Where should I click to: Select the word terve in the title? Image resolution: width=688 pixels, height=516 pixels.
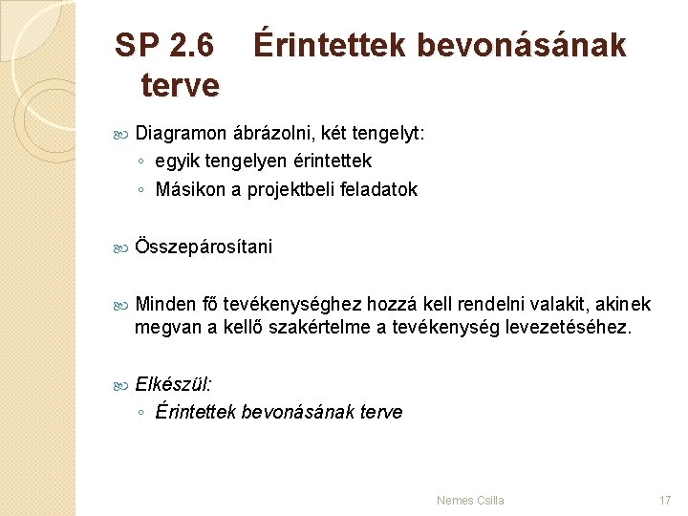point(180,85)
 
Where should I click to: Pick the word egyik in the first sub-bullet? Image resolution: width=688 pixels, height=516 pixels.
point(175,161)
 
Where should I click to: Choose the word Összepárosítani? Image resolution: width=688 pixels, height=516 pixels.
point(204,247)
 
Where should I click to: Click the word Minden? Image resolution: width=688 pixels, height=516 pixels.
point(165,304)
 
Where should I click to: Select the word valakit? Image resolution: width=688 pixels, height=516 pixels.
point(555,304)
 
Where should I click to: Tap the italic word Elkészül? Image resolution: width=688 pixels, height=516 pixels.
point(173,384)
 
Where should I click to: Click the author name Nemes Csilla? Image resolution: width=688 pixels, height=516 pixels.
point(470,500)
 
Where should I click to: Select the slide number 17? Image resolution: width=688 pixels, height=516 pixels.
point(665,500)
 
